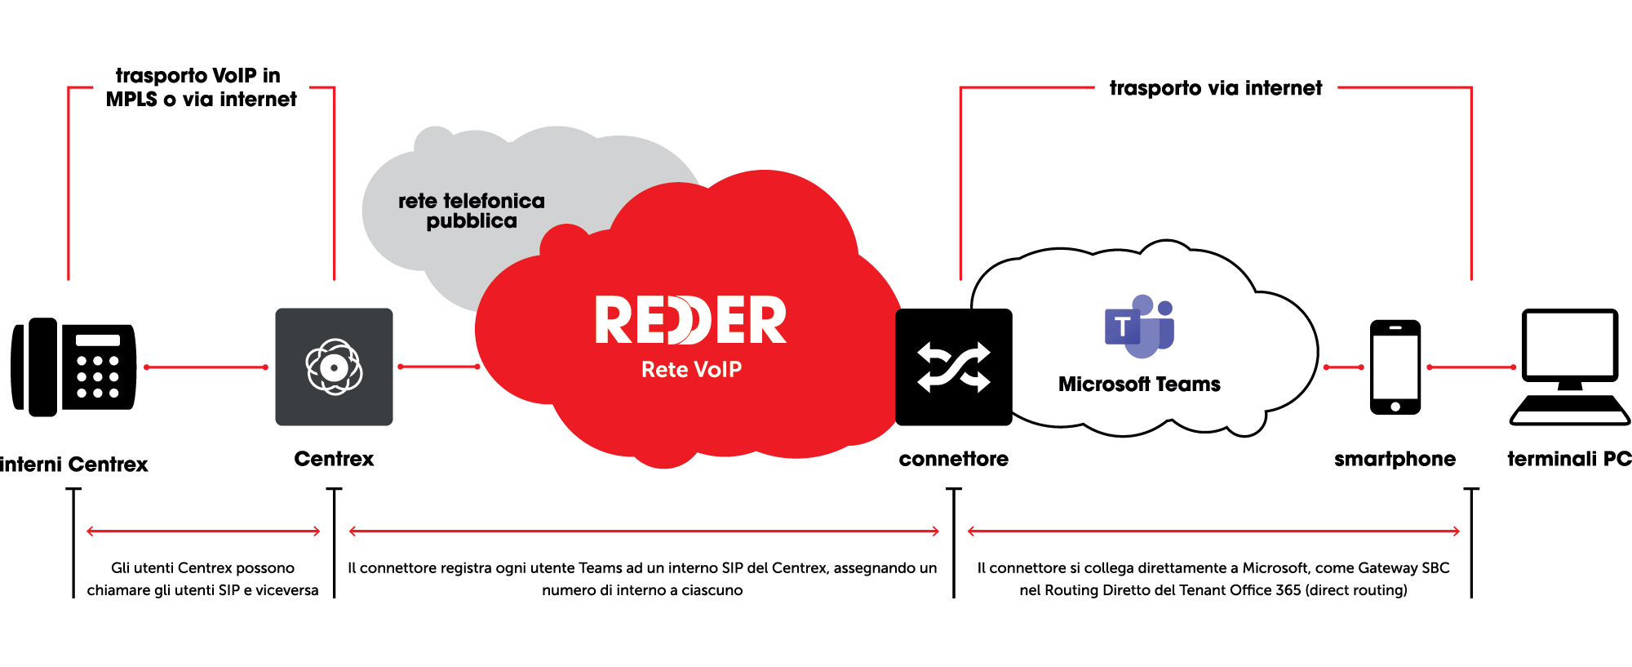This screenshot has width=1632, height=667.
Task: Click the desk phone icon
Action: pyautogui.click(x=73, y=367)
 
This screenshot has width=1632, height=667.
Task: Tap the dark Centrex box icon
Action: pyautogui.click(x=334, y=367)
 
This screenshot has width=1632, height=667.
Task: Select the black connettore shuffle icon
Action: pyautogui.click(x=954, y=367)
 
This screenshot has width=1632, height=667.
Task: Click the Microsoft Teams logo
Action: pyautogui.click(x=1139, y=327)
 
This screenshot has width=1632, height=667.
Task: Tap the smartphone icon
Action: pyautogui.click(x=1395, y=367)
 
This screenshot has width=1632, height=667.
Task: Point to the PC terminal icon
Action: pyautogui.click(x=1570, y=367)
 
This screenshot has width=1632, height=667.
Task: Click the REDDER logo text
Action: pyautogui.click(x=690, y=320)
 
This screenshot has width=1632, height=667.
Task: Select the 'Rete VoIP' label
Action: pyautogui.click(x=691, y=370)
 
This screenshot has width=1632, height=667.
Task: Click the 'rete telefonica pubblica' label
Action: pyautogui.click(x=472, y=211)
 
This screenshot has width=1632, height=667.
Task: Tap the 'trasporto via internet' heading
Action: pyautogui.click(x=1216, y=88)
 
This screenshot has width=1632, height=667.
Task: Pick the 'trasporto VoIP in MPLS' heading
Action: pyautogui.click(x=201, y=87)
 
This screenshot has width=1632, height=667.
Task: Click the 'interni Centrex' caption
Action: pyautogui.click(x=73, y=465)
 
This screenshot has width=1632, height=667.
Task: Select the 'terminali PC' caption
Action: pyautogui.click(x=1568, y=459)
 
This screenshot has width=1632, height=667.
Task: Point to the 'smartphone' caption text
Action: pyautogui.click(x=1395, y=459)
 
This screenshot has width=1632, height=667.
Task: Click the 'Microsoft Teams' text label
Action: pyautogui.click(x=1139, y=385)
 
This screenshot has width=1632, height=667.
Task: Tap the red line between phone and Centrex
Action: pyautogui.click(x=206, y=367)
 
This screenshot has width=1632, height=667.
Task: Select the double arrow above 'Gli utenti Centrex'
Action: pyautogui.click(x=203, y=531)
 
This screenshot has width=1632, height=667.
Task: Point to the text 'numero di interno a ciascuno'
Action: pyautogui.click(x=642, y=590)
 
